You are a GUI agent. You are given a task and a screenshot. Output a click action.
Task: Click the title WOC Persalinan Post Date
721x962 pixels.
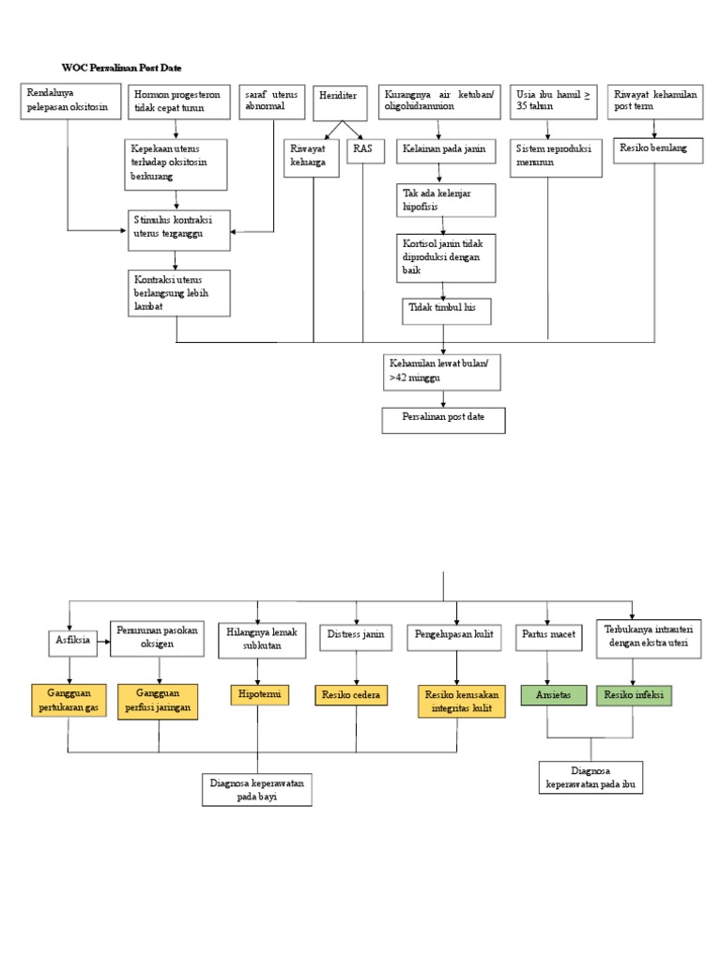click(121, 68)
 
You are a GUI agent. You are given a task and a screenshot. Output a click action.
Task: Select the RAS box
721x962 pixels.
click(365, 151)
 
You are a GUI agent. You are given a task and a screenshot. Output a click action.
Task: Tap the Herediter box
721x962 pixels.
click(340, 103)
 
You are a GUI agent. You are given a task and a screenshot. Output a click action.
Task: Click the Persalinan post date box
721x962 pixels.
click(443, 420)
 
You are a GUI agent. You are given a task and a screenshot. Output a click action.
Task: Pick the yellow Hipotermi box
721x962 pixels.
click(259, 694)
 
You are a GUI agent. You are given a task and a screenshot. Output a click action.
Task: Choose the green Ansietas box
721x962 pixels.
click(554, 695)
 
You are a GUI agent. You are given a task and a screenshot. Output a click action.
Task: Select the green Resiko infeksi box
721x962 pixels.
click(634, 695)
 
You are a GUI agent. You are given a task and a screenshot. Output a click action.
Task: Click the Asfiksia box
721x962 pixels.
click(73, 643)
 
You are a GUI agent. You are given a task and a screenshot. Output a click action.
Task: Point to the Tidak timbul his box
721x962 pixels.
click(446, 311)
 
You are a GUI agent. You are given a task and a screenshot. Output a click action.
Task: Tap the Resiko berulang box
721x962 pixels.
click(658, 150)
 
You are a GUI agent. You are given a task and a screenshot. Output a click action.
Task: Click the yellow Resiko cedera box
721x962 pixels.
click(351, 695)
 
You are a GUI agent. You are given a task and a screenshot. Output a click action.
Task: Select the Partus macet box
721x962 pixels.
click(548, 637)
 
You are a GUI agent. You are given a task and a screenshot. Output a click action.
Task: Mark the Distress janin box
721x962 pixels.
click(356, 637)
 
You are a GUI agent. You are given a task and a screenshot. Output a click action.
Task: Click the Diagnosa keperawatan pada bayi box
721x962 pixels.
click(257, 789)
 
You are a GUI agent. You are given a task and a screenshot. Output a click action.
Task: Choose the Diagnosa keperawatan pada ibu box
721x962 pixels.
click(591, 777)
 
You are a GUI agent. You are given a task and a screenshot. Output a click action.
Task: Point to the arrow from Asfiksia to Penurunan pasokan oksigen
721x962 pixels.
click(103, 642)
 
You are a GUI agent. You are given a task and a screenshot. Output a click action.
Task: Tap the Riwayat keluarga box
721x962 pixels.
click(311, 158)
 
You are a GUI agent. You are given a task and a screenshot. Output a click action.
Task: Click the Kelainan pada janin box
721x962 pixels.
click(446, 151)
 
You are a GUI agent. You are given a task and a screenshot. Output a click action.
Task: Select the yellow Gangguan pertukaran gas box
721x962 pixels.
click(69, 700)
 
